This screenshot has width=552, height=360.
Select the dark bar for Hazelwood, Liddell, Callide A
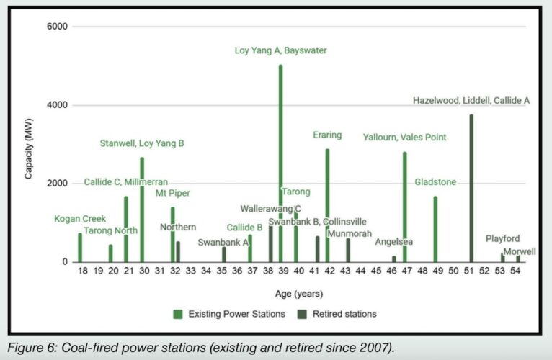(x=471, y=188)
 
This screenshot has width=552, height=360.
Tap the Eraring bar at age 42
(x=327, y=205)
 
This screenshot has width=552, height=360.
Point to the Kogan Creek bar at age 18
(x=80, y=248)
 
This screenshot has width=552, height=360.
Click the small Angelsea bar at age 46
(x=394, y=258)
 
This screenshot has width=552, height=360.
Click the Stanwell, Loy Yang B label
(x=142, y=143)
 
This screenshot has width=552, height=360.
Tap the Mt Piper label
(x=172, y=193)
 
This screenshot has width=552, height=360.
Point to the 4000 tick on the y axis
(x=58, y=105)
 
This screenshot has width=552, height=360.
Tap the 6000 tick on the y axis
(x=58, y=27)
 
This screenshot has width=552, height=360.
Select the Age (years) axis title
(x=299, y=293)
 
